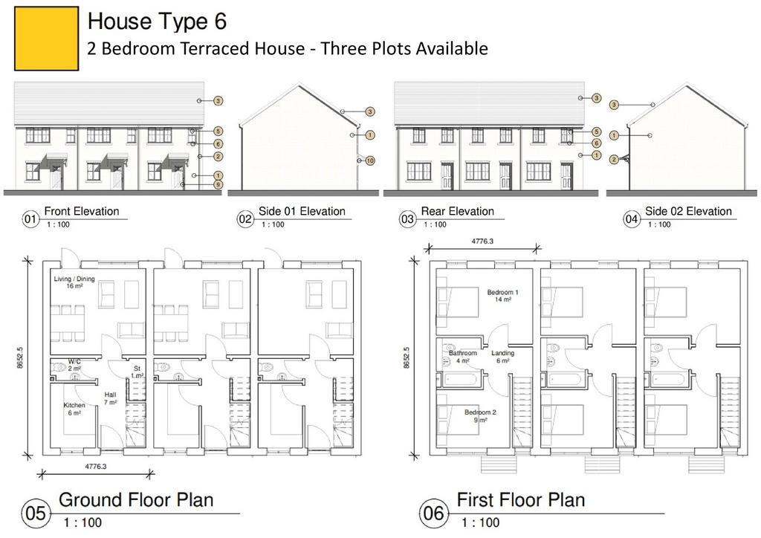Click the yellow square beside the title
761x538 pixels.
pyautogui.click(x=47, y=39)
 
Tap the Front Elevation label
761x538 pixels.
pyautogui.click(x=82, y=211)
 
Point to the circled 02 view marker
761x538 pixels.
pyautogui.click(x=245, y=219)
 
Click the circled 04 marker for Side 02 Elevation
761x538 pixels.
pyautogui.click(x=631, y=219)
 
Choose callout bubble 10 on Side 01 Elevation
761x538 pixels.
pyautogui.click(x=370, y=161)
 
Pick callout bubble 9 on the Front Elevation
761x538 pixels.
pyautogui.click(x=218, y=184)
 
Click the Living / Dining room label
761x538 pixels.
pyautogui.click(x=74, y=282)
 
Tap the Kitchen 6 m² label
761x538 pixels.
pyautogui.click(x=74, y=409)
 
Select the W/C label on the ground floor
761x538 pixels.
pyautogui.click(x=74, y=365)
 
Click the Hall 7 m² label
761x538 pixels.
pyautogui.click(x=110, y=398)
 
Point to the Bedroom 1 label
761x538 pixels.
pyautogui.click(x=503, y=296)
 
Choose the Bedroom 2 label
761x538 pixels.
pyautogui.click(x=480, y=415)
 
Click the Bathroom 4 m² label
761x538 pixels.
pyautogui.click(x=462, y=357)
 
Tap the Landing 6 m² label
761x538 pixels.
pyautogui.click(x=502, y=357)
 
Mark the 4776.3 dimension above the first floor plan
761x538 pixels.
pyautogui.click(x=482, y=241)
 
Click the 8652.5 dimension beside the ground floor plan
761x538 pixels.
pyautogui.click(x=20, y=357)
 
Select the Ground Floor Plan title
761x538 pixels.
pyautogui.click(x=136, y=499)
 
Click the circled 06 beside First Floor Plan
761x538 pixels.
pyautogui.click(x=433, y=513)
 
